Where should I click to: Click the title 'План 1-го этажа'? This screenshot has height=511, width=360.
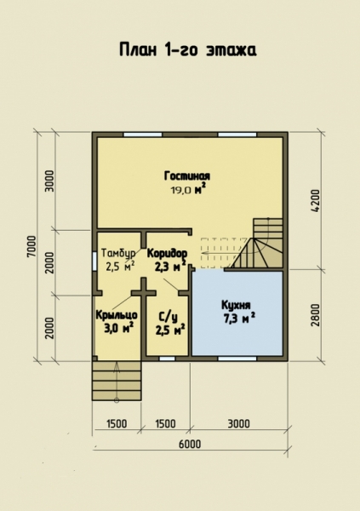pyautogui.click(x=187, y=50)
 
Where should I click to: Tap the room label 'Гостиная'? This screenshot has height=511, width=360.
pyautogui.click(x=187, y=176)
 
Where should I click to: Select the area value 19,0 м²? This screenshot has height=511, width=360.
pyautogui.click(x=189, y=189)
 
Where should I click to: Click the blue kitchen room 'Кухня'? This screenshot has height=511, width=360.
pyautogui.click(x=237, y=313)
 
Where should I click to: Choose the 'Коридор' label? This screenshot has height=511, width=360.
pyautogui.click(x=167, y=253)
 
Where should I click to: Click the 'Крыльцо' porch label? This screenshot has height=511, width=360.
pyautogui.click(x=117, y=315)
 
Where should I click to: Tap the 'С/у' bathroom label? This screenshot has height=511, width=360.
pyautogui.click(x=169, y=317)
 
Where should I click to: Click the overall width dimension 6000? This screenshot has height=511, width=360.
pyautogui.click(x=190, y=444)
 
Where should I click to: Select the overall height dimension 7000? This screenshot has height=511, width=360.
pyautogui.click(x=32, y=246)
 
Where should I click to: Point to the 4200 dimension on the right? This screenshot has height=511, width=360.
pyautogui.click(x=316, y=201)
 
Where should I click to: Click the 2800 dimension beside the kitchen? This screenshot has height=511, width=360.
pyautogui.click(x=316, y=315)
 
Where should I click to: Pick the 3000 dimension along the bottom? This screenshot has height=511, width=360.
pyautogui.click(x=238, y=423)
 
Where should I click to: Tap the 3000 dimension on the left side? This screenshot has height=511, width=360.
pyautogui.click(x=49, y=181)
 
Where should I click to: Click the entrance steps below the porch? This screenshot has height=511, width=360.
pyautogui.click(x=117, y=381)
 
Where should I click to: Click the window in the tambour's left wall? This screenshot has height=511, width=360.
pyautogui.click(x=94, y=261)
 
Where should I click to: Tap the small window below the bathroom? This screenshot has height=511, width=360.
pyautogui.click(x=167, y=359)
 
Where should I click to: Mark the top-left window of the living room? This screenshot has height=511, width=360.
pyautogui.click(x=143, y=135)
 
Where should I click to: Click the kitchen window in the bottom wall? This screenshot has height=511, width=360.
pyautogui.click(x=237, y=359)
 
